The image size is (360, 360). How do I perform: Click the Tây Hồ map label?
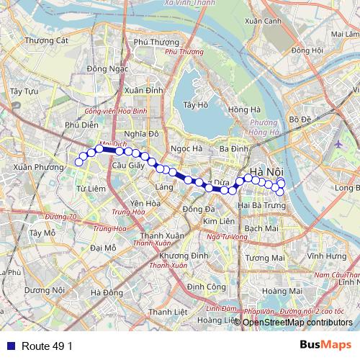pos(196,104)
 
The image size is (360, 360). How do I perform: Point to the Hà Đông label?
pos(107,292)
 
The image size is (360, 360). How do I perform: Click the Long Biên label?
pos(347,189)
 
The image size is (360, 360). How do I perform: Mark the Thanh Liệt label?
pos(168,312)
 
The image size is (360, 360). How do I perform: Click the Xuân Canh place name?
pos(262,22)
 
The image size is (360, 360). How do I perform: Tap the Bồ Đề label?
pos(298,119)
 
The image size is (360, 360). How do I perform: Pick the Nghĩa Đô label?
pos(141,134)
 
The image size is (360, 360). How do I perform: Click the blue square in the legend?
pos(9,346)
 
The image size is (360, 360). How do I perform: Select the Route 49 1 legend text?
pos(48,346)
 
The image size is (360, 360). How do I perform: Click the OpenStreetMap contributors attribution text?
pos(297,323)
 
